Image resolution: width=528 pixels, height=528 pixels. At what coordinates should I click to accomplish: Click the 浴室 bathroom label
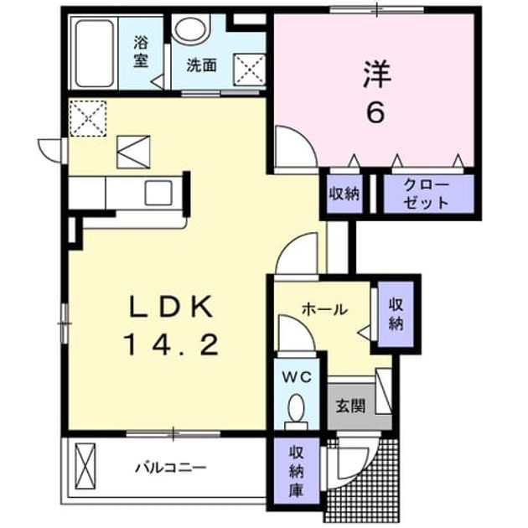[141, 51]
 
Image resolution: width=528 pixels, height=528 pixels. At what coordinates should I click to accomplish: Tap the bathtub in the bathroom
[94, 53]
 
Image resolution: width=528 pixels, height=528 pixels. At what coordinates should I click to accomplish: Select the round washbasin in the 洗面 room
[190, 29]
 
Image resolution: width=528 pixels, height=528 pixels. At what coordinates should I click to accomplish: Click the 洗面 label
[201, 65]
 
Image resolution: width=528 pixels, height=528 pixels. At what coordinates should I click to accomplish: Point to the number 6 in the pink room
[375, 112]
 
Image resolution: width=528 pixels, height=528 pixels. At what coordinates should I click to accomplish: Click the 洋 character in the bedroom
[376, 75]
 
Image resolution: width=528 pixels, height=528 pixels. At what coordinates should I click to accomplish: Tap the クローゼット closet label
[426, 194]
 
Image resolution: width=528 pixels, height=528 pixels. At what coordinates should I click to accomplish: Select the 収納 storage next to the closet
[344, 194]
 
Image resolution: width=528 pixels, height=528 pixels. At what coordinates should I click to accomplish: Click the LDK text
[172, 307]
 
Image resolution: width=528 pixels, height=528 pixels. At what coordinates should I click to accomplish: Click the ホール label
[324, 309]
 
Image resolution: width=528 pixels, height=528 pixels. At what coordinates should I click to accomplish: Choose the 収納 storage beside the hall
[396, 314]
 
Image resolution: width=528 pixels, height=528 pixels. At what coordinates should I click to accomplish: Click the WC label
[297, 378]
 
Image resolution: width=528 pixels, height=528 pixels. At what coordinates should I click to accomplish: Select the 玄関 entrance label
[350, 406]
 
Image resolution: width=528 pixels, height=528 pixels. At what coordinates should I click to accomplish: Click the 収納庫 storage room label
[297, 471]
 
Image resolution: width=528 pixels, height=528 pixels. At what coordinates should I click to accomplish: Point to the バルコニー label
[170, 468]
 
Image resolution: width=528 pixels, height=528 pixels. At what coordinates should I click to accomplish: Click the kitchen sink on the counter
[158, 193]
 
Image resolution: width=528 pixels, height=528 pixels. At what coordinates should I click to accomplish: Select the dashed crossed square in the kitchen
[88, 118]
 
